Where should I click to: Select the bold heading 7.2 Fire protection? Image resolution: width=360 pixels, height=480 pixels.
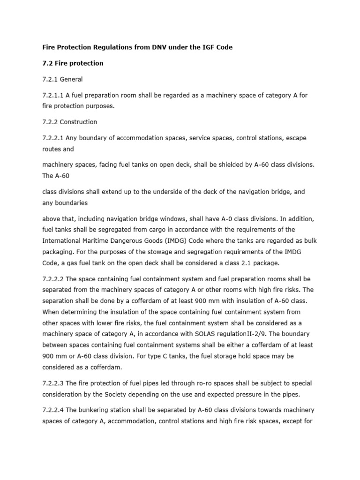click(x=73, y=63)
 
